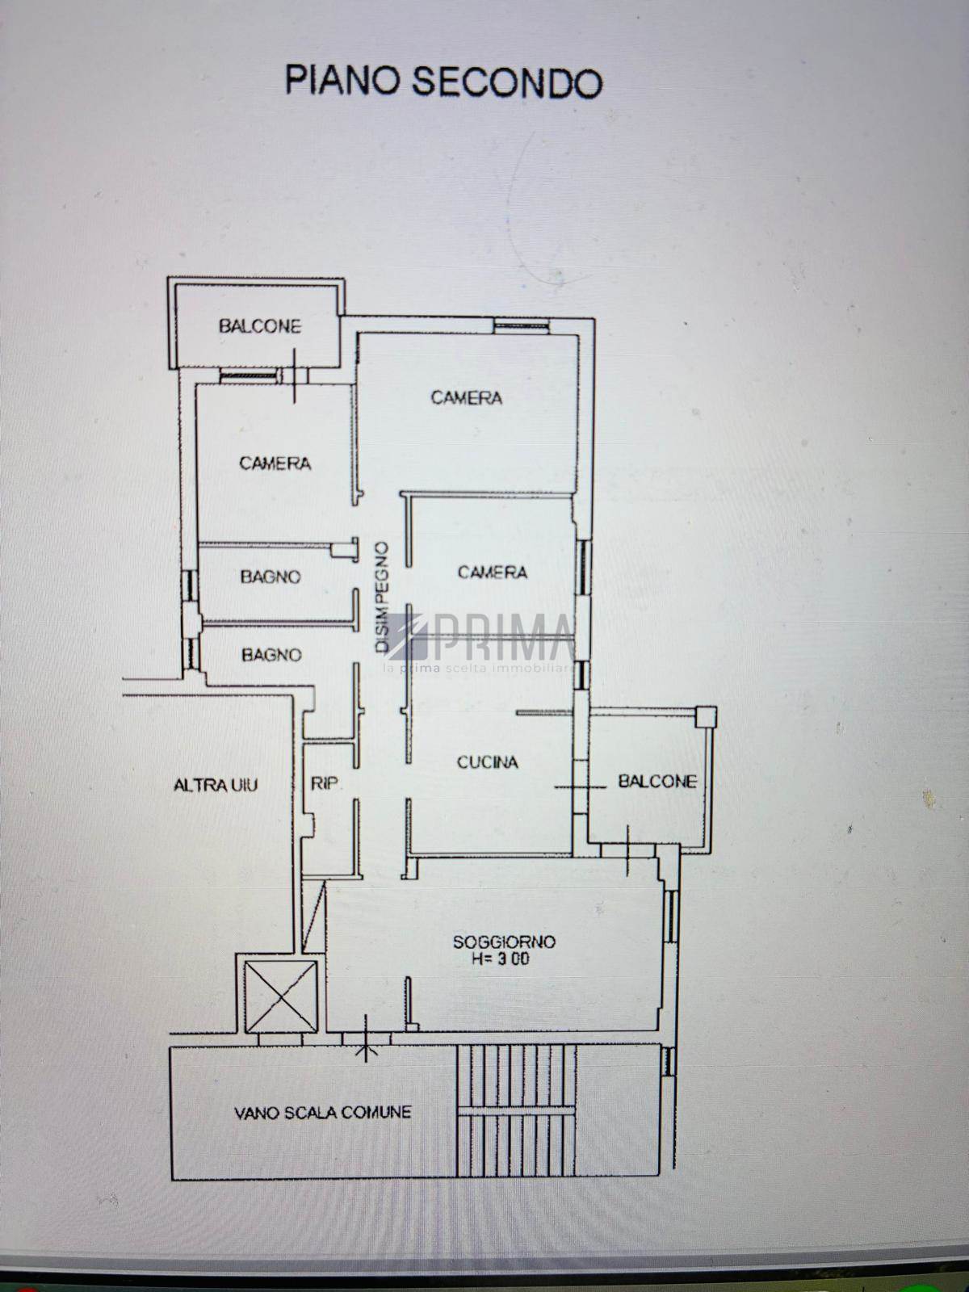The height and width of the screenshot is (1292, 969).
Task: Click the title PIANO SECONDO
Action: (x=443, y=82)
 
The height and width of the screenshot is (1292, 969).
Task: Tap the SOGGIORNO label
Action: (x=504, y=942)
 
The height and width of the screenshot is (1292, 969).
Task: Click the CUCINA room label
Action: (x=487, y=762)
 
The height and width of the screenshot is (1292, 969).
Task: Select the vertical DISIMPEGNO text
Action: (x=383, y=597)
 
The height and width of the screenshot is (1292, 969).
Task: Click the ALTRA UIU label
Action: (x=216, y=785)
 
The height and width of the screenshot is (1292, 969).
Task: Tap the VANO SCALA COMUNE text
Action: (x=323, y=1113)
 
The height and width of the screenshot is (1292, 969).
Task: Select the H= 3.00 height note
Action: (x=500, y=959)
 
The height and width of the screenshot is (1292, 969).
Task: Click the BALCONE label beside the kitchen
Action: (x=657, y=781)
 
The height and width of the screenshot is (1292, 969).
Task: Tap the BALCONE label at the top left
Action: (x=260, y=326)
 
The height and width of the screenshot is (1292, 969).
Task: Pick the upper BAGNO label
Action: (x=271, y=577)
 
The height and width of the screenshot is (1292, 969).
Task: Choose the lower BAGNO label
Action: (x=272, y=655)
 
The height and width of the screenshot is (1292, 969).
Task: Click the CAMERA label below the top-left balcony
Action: (x=275, y=464)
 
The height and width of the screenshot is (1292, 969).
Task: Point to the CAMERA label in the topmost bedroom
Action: (x=467, y=398)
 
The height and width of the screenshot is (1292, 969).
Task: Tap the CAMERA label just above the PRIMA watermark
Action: (x=493, y=573)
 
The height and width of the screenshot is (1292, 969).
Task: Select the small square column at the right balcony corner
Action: (x=706, y=717)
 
